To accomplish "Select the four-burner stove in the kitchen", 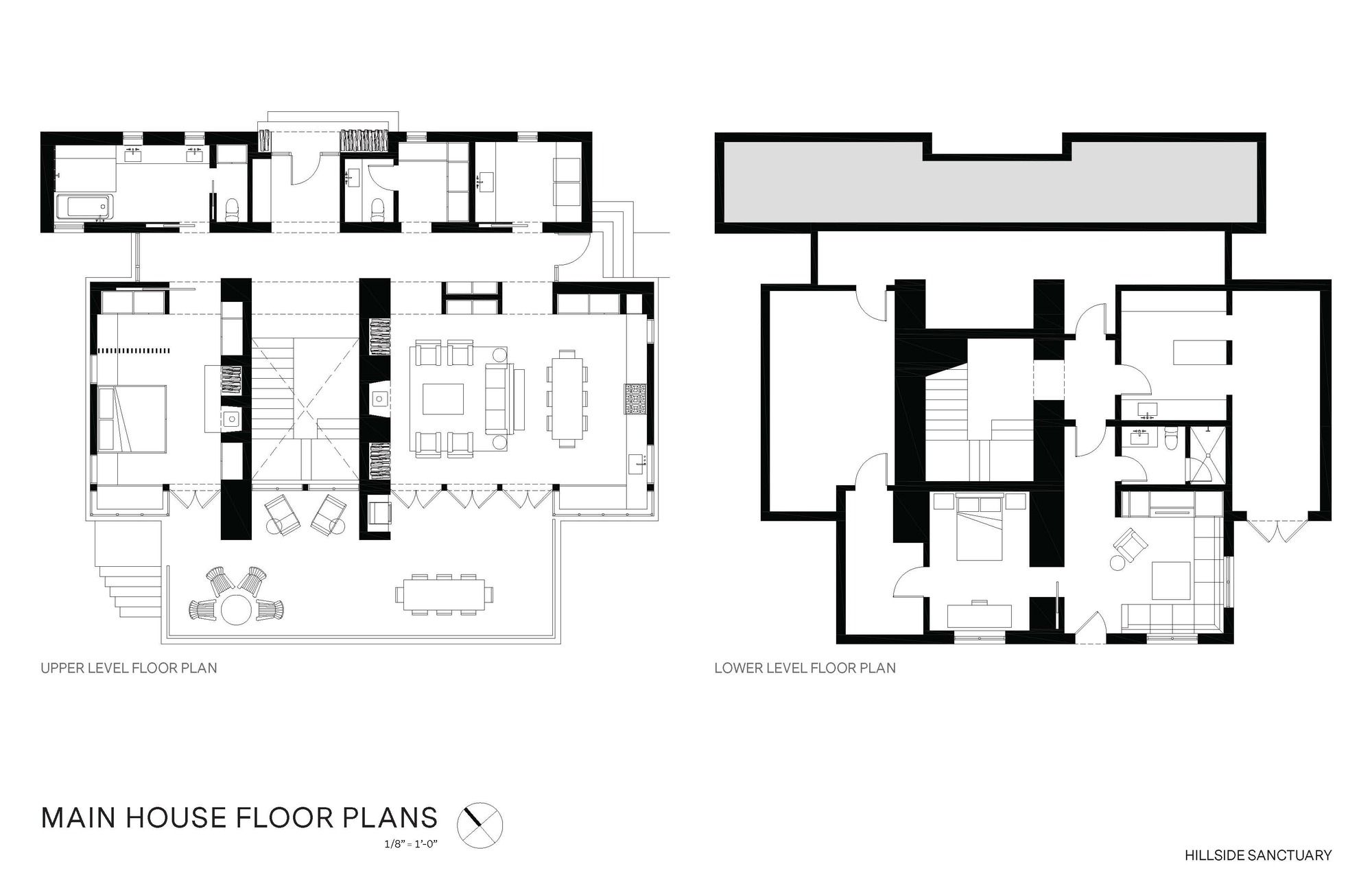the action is click(x=635, y=399).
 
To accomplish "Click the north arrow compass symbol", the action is click(x=480, y=824).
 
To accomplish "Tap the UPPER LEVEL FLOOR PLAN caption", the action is click(x=129, y=668).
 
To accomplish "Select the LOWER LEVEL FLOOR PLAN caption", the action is click(x=805, y=668).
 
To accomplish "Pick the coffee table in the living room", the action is click(x=443, y=399).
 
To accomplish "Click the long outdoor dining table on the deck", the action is click(x=444, y=594).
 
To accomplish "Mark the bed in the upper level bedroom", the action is click(x=132, y=418).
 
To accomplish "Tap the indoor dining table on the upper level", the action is click(x=567, y=398).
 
